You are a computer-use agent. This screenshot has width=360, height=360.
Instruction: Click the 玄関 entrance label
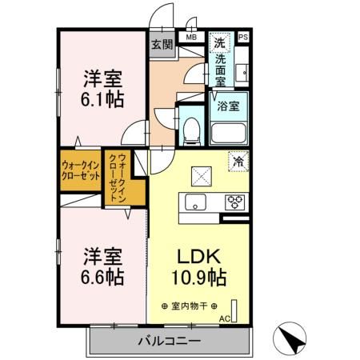(162, 45)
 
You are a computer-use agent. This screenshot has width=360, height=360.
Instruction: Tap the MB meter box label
(192, 37)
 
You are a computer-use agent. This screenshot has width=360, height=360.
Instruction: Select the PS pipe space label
(243, 37)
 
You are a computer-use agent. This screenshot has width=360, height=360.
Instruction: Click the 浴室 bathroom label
(228, 106)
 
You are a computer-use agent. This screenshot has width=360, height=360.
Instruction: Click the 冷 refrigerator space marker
(238, 160)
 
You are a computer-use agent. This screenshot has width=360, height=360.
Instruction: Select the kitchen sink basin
(195, 201)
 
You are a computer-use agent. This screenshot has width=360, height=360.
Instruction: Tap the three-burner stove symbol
(235, 201)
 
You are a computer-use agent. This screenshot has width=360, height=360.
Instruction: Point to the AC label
(224, 318)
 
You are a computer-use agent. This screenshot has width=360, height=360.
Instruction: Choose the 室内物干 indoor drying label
(194, 306)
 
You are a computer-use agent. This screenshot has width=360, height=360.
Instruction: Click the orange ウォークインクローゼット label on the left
(79, 172)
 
